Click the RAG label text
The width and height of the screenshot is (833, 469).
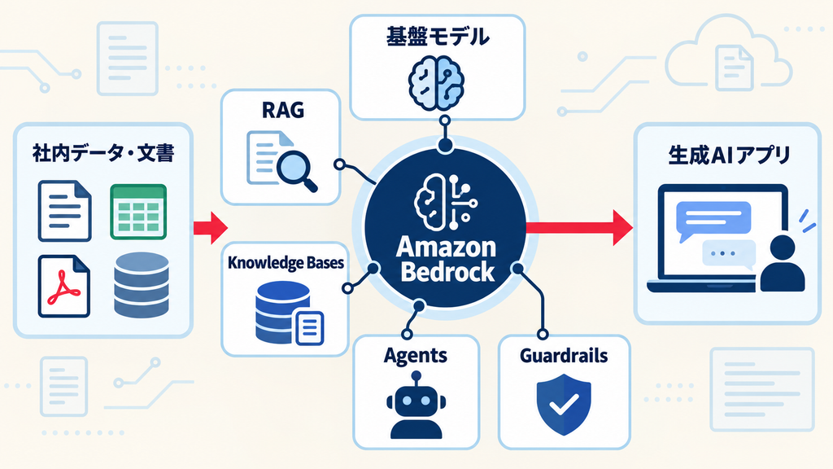click(283, 110)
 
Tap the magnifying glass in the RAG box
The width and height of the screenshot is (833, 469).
click(296, 170)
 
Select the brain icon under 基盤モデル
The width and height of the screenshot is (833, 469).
click(437, 83)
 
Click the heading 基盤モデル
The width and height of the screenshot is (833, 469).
click(437, 37)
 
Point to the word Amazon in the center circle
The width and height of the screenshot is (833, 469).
click(447, 248)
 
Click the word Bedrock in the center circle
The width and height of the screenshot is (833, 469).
click(447, 271)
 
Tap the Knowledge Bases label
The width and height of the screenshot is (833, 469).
click(286, 263)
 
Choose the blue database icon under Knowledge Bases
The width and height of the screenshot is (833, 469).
click(289, 313)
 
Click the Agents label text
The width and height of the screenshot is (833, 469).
click(416, 356)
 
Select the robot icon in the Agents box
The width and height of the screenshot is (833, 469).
click(416, 405)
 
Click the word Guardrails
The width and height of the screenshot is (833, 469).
click(564, 355)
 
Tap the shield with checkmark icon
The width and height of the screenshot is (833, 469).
click(564, 404)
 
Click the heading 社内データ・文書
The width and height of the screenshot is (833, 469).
click(103, 153)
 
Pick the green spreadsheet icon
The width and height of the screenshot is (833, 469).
click(138, 212)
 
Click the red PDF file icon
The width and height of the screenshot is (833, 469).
click(63, 286)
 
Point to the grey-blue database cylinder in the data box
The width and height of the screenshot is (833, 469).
click(142, 285)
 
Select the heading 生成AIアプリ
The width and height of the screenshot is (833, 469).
click(729, 155)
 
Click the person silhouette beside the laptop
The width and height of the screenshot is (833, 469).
click(782, 263)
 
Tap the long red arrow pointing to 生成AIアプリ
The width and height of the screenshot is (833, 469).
click(579, 228)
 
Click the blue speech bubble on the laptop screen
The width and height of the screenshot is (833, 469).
click(713, 220)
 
